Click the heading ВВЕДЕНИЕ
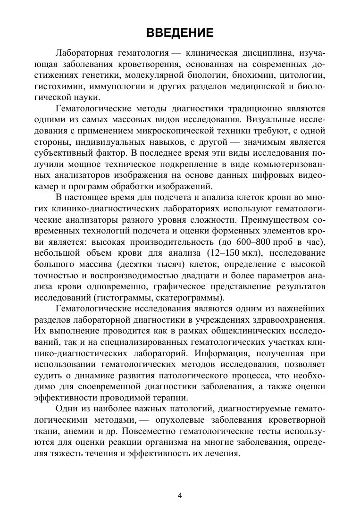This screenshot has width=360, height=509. [180, 33]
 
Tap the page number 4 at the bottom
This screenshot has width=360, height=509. [180, 495]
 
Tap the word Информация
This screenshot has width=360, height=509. [245, 352]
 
